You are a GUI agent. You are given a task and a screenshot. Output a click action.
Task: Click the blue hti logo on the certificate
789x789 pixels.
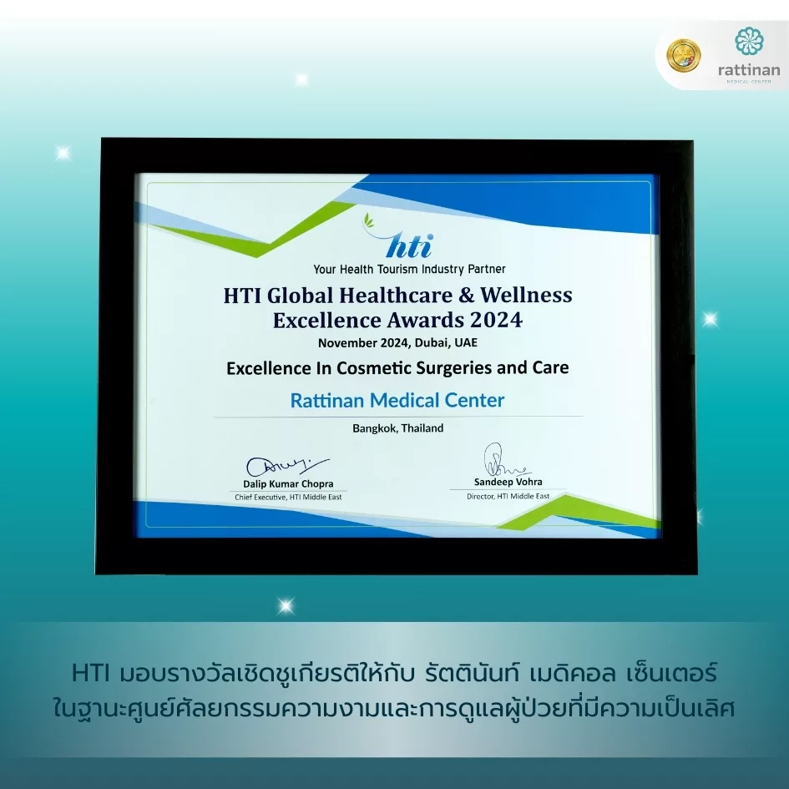tap(402, 237)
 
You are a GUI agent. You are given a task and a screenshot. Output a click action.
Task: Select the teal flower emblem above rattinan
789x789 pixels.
tap(749, 41)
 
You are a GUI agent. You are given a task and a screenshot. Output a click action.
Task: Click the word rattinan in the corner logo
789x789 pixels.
tap(749, 69)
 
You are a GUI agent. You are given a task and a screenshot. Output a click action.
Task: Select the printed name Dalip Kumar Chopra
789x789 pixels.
tap(288, 483)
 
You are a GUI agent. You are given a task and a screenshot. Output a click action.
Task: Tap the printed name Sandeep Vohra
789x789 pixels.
tap(508, 482)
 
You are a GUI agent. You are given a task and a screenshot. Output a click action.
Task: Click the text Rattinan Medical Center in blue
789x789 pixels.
tap(397, 400)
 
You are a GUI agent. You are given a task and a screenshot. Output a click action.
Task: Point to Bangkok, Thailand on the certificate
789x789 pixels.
tap(398, 428)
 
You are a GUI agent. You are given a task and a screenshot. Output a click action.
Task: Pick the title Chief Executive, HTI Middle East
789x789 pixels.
tap(288, 497)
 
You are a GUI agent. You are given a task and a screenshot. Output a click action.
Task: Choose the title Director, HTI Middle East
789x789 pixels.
tap(508, 496)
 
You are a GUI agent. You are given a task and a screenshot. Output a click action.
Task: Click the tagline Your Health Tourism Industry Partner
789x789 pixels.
tap(409, 269)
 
